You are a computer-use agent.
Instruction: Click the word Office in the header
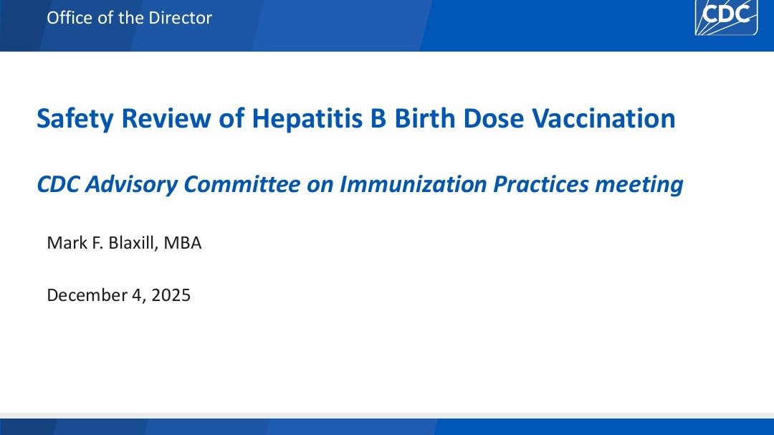[x=70, y=18]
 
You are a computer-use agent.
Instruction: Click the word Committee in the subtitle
[x=242, y=185]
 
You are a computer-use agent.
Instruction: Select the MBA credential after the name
[x=182, y=243]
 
